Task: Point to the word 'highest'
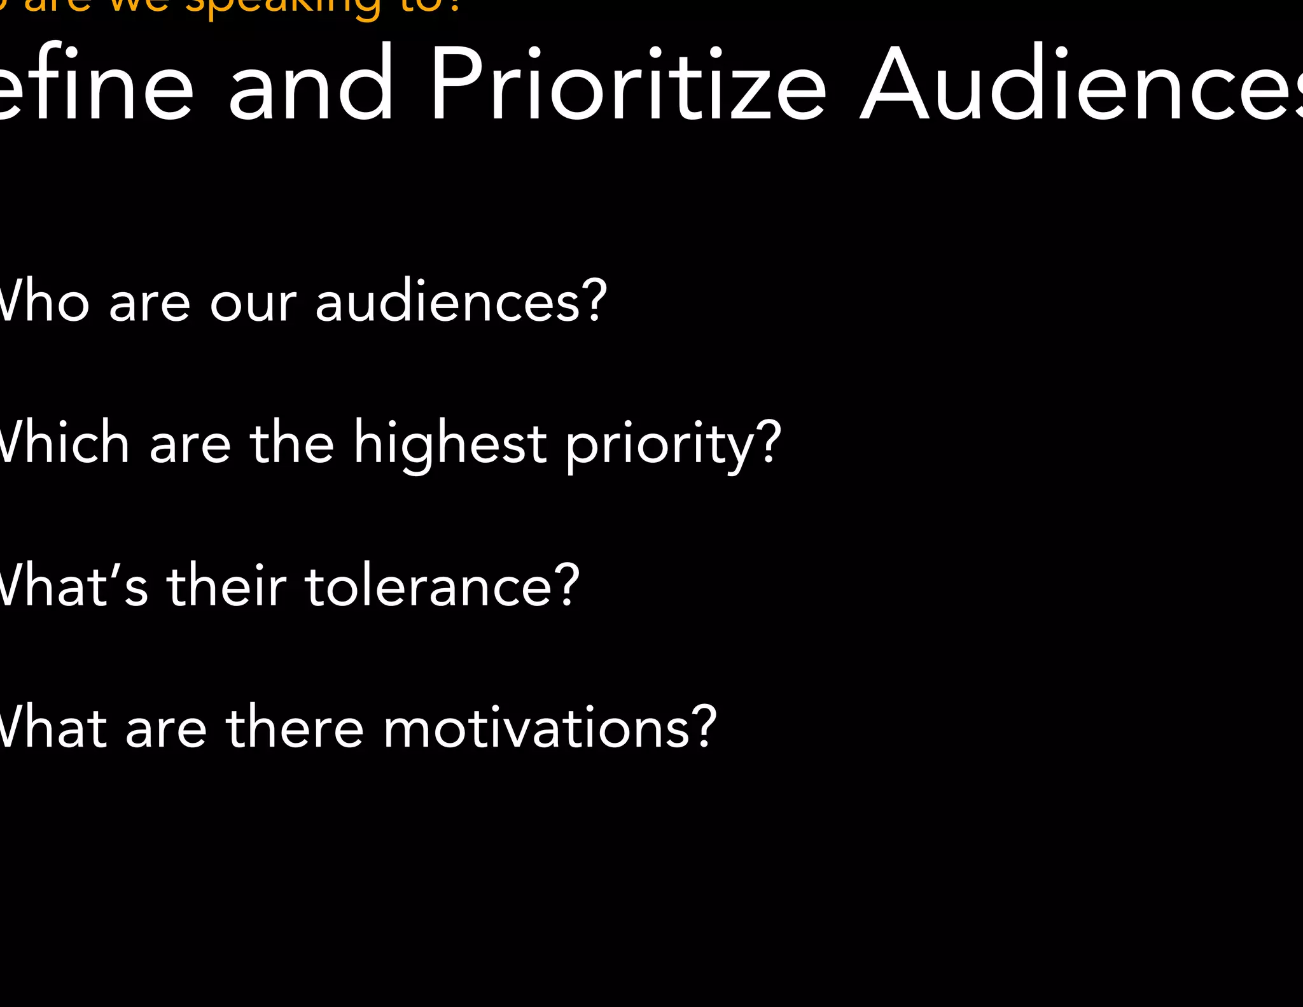449,444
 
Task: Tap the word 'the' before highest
291,443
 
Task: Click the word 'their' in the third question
226,586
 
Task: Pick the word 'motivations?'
549,728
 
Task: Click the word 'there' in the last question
295,728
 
